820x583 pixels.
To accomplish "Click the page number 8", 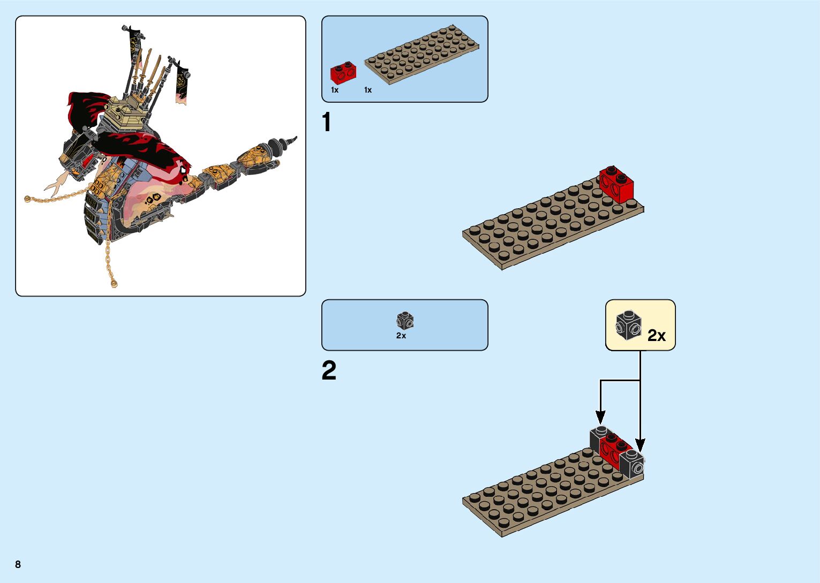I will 18,564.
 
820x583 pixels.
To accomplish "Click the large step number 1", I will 326,123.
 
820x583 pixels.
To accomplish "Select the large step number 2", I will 329,370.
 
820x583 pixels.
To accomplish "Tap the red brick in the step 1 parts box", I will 343,73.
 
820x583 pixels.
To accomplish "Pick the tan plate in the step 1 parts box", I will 422,54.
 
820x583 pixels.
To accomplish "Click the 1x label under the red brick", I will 335,90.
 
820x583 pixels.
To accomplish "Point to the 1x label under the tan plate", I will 368,90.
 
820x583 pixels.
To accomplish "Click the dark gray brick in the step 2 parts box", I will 405,321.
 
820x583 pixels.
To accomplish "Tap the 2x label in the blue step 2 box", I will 401,336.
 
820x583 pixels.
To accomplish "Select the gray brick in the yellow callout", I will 628,324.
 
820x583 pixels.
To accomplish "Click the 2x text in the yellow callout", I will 656,336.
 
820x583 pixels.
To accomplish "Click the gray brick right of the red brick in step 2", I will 632,462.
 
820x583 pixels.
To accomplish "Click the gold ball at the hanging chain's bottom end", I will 114,283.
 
